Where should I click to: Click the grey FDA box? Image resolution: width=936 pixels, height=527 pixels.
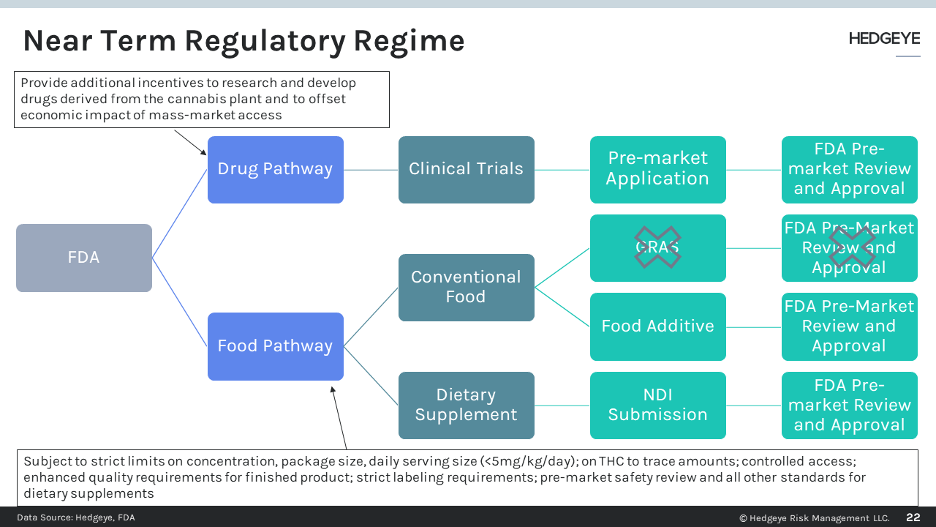[84, 258]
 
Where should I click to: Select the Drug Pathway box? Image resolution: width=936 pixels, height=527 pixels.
[275, 169]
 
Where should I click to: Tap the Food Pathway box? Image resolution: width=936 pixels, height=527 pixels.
[275, 346]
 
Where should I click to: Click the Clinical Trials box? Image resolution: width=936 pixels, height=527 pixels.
[466, 169]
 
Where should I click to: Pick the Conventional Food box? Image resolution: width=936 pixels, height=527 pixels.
[466, 287]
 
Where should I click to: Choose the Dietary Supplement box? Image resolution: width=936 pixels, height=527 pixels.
[466, 405]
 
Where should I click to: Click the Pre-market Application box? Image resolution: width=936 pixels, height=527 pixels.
[657, 169]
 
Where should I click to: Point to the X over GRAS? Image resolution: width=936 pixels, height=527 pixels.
[657, 247]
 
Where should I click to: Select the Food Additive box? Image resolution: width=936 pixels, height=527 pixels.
[657, 326]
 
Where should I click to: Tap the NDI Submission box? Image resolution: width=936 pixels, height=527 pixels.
[657, 405]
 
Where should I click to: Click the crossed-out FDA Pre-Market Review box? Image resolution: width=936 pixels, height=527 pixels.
[849, 247]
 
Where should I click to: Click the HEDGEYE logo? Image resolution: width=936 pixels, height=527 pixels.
[884, 39]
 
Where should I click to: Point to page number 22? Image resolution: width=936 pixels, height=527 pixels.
[913, 517]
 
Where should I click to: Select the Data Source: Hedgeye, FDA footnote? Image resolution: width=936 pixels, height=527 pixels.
[76, 517]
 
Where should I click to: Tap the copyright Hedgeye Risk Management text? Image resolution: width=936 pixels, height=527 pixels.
[815, 518]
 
